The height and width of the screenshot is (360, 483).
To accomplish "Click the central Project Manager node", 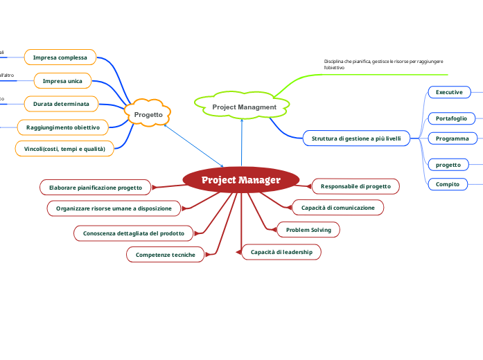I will pyautogui.click(x=241, y=180).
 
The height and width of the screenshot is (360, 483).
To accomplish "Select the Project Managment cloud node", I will pyautogui.click(x=244, y=107).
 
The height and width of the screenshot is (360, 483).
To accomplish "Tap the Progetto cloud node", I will pyautogui.click(x=148, y=115).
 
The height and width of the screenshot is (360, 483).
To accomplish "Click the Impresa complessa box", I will pyautogui.click(x=60, y=57).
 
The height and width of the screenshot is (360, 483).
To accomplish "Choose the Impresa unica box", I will pyautogui.click(x=62, y=81).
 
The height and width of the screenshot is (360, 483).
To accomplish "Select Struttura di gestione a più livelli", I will pyautogui.click(x=355, y=138).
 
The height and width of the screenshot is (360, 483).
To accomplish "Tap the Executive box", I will pyautogui.click(x=449, y=92).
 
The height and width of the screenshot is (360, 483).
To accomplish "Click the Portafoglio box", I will pyautogui.click(x=451, y=118).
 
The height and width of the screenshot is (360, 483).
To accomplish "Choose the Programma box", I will pyautogui.click(x=452, y=138).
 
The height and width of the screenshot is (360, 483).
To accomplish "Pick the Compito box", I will pyautogui.click(x=447, y=184).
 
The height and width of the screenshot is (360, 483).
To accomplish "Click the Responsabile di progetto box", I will pyautogui.click(x=355, y=186).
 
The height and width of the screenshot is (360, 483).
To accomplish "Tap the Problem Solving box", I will pyautogui.click(x=308, y=229).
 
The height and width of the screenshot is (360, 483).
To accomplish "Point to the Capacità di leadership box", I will pyautogui.click(x=281, y=252).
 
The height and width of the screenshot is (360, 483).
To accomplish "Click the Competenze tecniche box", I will pyautogui.click(x=166, y=255).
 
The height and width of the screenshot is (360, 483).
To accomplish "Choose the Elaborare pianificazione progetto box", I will pyautogui.click(x=96, y=187).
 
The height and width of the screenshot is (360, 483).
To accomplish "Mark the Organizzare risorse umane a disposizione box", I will pyautogui.click(x=114, y=208).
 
